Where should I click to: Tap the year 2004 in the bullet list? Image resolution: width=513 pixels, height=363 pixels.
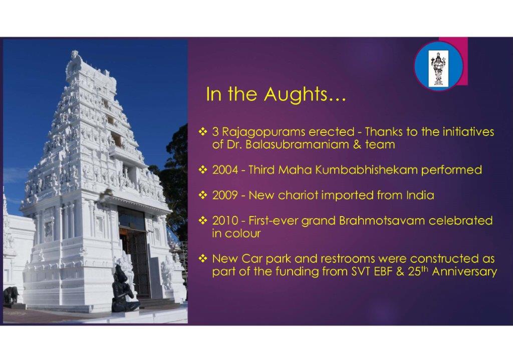(x=225, y=170)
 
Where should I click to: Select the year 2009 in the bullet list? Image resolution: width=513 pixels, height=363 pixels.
(x=225, y=196)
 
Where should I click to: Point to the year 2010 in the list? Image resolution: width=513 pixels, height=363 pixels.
(x=225, y=221)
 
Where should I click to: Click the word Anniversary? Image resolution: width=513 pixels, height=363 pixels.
(x=464, y=272)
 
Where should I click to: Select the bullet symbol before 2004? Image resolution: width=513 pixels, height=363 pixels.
(x=203, y=170)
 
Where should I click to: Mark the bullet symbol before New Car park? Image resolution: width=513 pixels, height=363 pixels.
(x=203, y=259)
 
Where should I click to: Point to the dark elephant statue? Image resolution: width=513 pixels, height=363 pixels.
(x=11, y=295)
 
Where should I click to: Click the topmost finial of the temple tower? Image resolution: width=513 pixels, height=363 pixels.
(x=75, y=53)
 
